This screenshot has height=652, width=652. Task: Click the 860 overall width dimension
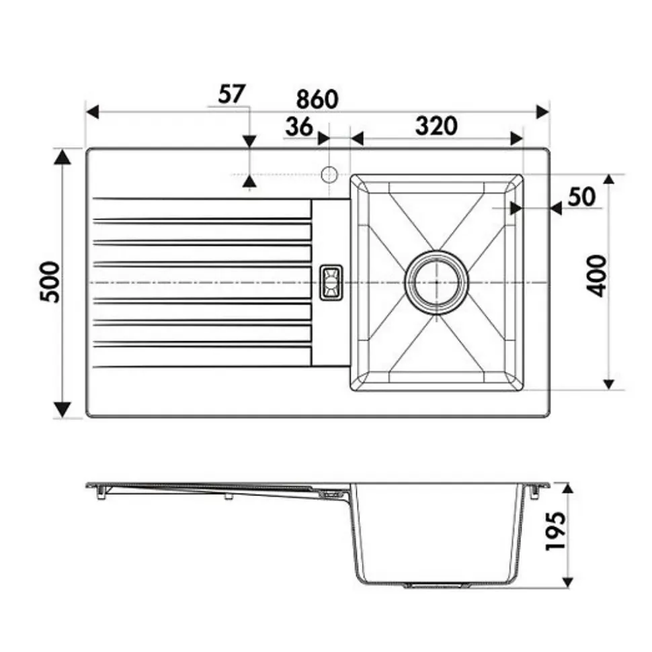[x=317, y=99]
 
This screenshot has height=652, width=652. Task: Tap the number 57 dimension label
[x=232, y=94]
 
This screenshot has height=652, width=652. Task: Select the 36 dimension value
[x=298, y=126]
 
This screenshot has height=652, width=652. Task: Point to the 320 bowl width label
[x=436, y=126]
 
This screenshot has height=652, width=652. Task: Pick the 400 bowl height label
[x=597, y=276]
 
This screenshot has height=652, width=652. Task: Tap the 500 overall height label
[x=50, y=282]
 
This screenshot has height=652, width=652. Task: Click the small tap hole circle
[x=329, y=174]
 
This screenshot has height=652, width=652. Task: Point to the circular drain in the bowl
[x=436, y=282]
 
